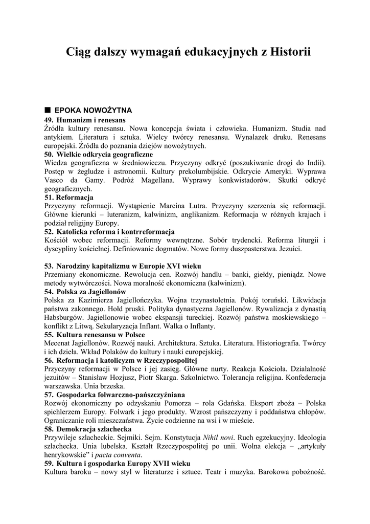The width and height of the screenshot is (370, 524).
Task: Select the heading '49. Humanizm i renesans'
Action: pyautogui.click(x=85, y=119)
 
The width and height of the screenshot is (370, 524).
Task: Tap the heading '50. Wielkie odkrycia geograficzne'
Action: pyautogui.click(x=99, y=154)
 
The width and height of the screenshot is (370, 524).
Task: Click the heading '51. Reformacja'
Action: pyautogui.click(x=69, y=197)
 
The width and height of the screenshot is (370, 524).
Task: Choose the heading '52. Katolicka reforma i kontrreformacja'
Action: pyautogui.click(x=109, y=232)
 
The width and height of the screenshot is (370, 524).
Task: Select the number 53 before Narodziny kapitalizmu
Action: pyautogui.click(x=49, y=266)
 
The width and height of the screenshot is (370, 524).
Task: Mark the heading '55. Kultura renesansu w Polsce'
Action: pyautogui.click(x=95, y=335)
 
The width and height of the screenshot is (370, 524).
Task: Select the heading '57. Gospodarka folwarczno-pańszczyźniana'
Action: pyautogui.click(x=115, y=395)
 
